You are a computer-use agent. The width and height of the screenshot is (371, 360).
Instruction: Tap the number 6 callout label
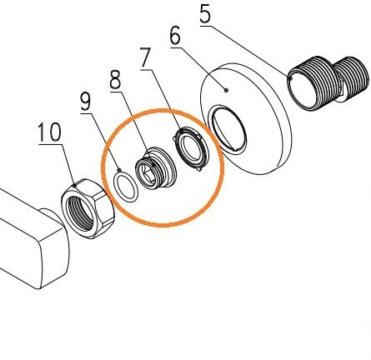click(x=175, y=36)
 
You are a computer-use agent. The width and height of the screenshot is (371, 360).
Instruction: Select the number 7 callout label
click(x=146, y=57)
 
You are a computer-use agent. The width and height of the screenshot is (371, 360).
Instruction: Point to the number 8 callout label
click(x=116, y=78)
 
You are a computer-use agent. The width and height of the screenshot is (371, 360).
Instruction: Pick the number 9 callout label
click(x=86, y=102)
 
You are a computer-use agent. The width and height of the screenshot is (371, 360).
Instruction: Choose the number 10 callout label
click(x=49, y=132)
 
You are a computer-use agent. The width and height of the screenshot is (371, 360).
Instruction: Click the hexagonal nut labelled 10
click(x=88, y=208)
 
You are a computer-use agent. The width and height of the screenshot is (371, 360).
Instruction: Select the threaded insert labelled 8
click(x=156, y=168)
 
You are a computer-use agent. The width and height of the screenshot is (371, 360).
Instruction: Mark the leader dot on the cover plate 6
click(x=227, y=90)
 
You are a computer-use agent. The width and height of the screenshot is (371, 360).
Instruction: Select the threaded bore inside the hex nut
click(x=80, y=212)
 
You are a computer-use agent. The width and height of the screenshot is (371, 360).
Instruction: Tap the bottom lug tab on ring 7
click(x=198, y=168)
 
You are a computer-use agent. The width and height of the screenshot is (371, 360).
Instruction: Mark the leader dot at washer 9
click(x=120, y=169)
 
